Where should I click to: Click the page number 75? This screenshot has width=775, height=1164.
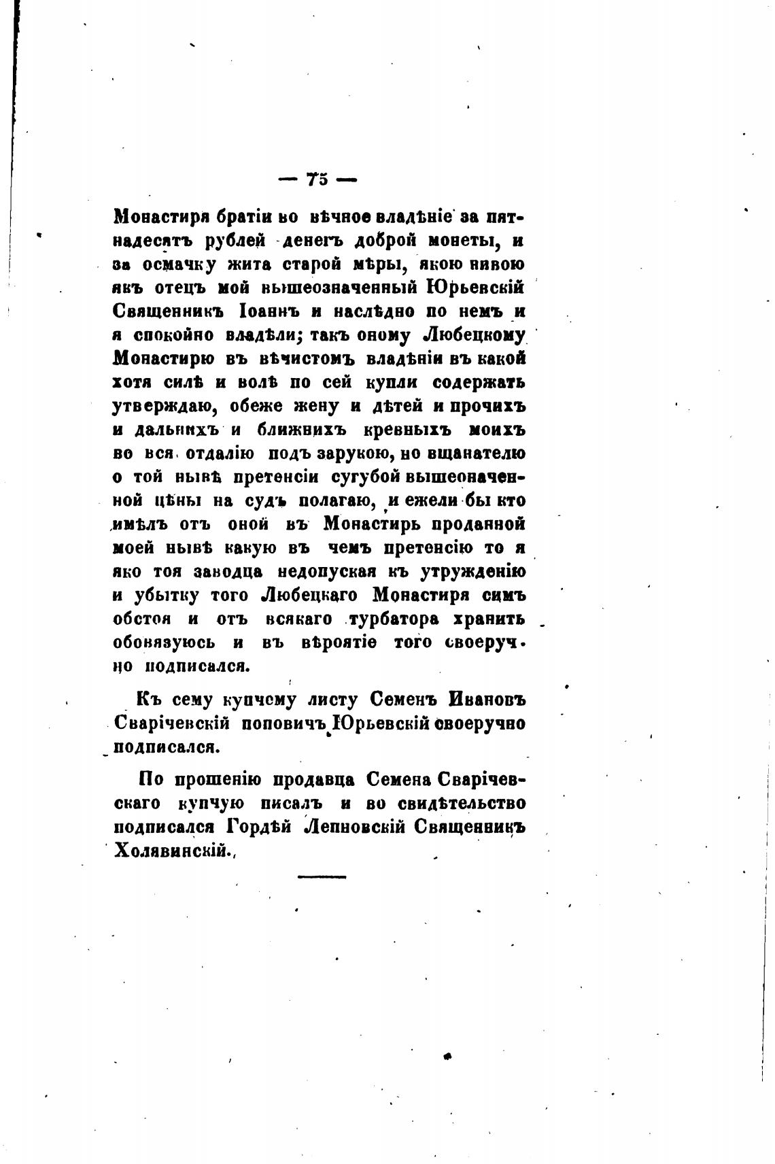click(x=317, y=179)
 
